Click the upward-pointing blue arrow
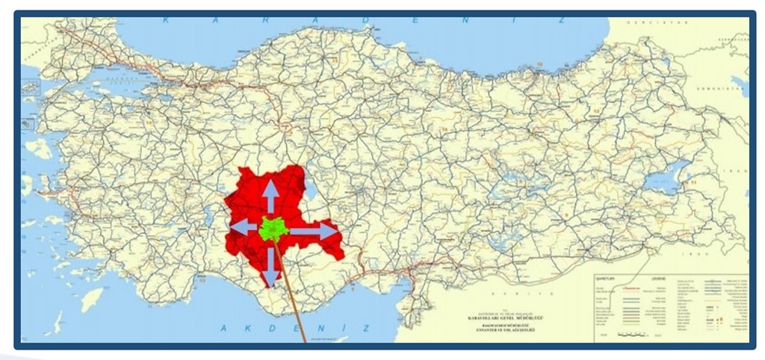click(270, 196)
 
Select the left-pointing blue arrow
click(244, 226)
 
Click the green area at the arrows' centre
click(273, 229)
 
